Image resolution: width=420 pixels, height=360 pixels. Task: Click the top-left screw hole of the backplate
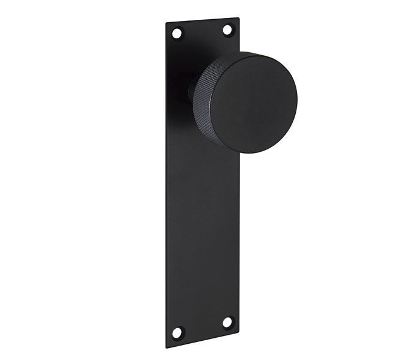pos(176,33)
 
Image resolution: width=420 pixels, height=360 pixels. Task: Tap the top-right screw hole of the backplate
pos(228,29)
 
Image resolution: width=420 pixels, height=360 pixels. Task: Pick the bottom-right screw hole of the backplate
pos(227,322)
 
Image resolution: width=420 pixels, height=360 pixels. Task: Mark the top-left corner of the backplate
pos(166,24)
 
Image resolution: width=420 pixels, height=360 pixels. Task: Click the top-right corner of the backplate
pos(239,18)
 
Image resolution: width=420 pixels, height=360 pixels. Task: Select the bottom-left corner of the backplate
pos(166,348)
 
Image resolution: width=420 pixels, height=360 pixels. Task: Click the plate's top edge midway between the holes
pos(202,22)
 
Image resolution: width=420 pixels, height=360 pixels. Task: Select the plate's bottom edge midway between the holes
pos(203,340)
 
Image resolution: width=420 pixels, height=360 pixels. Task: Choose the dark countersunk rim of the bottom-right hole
pos(232,322)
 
